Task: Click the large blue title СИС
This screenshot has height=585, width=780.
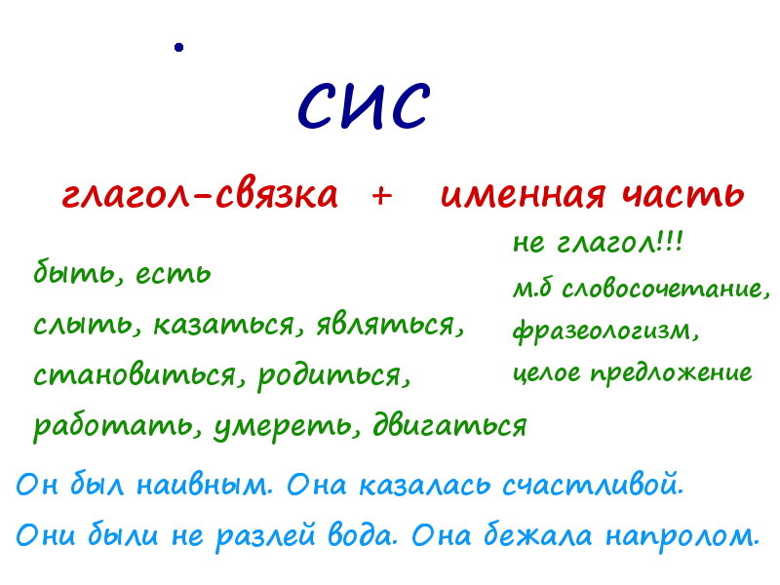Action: coord(363,105)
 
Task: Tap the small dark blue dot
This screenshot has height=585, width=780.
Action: coord(179,47)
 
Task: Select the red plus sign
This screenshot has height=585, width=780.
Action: coord(381,196)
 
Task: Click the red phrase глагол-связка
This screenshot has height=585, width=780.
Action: coord(200,194)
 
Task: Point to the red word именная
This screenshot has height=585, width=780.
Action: coord(524,194)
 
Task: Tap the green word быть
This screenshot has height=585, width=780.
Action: coord(77,273)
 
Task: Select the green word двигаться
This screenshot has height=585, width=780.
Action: coord(449,425)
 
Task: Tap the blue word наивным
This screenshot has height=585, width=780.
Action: coord(205,485)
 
